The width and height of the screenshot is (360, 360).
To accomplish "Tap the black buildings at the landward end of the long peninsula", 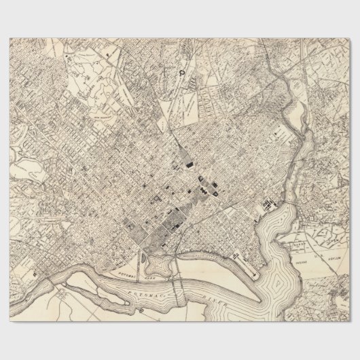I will pyautogui.click(x=234, y=253).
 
